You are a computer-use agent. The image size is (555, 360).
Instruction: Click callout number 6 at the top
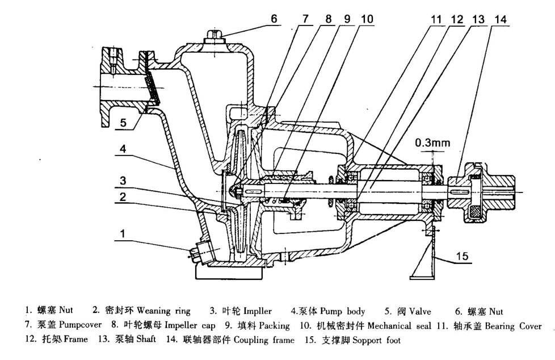tap(274, 18)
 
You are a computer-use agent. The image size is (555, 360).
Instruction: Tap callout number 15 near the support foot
tap(463, 257)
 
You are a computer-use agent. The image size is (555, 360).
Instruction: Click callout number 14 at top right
tap(500, 19)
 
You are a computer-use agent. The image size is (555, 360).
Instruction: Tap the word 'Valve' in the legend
tap(418, 312)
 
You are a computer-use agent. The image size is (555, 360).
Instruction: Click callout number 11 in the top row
tap(436, 19)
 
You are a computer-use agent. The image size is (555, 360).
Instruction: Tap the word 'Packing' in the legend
tap(276, 326)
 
